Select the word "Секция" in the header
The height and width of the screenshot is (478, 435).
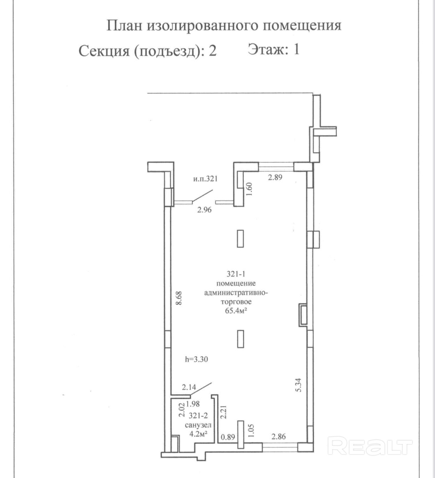pos(104,51)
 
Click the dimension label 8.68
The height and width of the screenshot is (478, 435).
pos(179,298)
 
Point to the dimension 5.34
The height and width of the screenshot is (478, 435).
pos(299,385)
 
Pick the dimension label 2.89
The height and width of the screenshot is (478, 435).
pos(275,177)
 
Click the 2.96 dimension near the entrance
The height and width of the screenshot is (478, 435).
pos(204,210)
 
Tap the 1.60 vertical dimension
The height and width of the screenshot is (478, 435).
pos(249,188)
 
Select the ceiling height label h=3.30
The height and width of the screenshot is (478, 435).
pos(196,359)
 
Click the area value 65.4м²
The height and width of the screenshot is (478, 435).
pos(236,311)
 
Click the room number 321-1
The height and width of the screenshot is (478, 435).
pos(236,274)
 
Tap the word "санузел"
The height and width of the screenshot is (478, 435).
pos(198,425)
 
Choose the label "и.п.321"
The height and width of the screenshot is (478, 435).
pos(206,179)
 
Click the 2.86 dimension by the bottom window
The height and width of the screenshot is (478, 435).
pos(279,436)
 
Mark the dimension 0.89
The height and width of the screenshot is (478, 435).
pos(228,437)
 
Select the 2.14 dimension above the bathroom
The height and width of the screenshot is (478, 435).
pos(189,387)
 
